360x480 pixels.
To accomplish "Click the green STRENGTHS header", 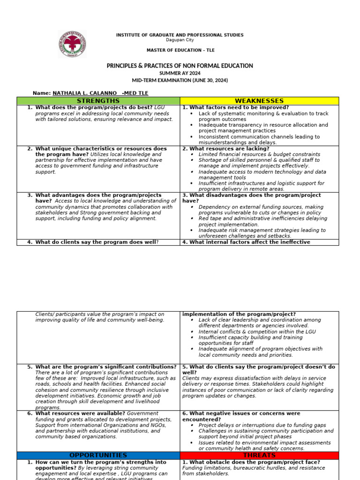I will point(98,101).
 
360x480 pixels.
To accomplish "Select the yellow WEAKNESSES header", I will point(259,101).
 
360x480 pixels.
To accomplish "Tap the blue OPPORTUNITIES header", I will point(98,455).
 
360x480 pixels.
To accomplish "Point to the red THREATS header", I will point(259,455).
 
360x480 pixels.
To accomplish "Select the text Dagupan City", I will point(180,40).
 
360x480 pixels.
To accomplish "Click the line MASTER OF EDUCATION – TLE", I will point(180,50).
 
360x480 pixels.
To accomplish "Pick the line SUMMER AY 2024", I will point(180,74).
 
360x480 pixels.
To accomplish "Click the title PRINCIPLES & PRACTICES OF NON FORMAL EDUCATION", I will point(180,66).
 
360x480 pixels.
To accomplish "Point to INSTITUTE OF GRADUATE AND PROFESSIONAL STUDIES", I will point(180,35).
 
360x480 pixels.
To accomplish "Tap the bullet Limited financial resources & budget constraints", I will point(259,154).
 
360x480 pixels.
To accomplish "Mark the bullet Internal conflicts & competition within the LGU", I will point(257,331).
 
